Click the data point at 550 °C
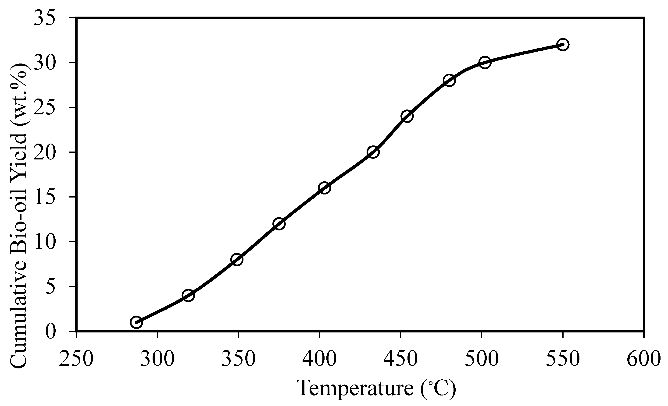[563, 44]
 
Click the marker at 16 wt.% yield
[325, 188]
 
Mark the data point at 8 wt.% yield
[237, 259]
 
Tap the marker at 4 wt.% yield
[188, 295]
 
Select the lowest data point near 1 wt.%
[136, 322]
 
